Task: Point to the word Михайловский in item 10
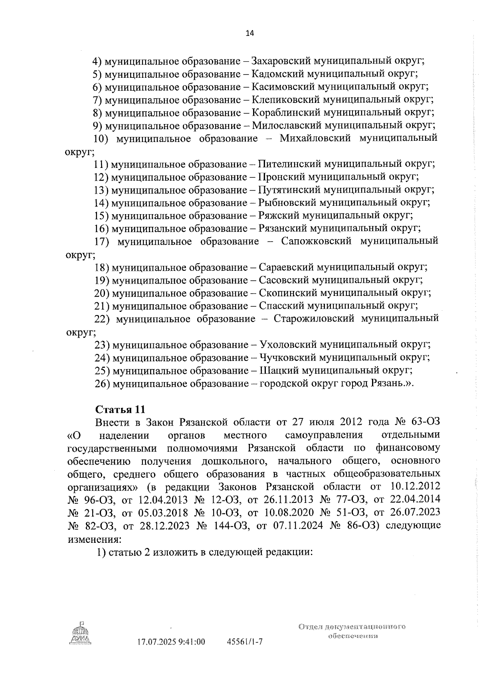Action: point(315,138)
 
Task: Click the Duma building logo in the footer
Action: point(81,635)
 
